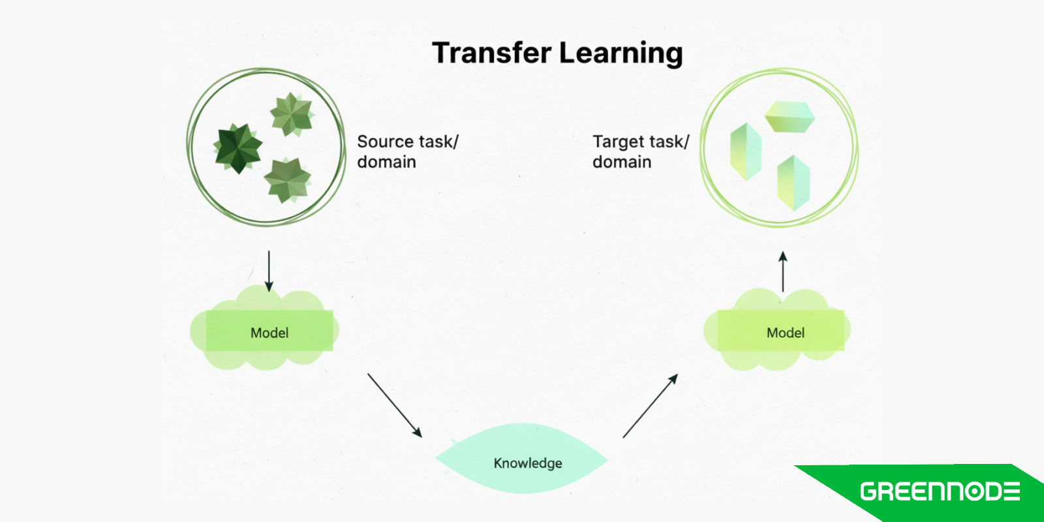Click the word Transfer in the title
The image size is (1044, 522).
(x=491, y=53)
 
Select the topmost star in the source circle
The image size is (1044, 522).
(x=291, y=114)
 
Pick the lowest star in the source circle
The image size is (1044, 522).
(x=287, y=179)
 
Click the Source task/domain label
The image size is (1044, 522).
(x=407, y=151)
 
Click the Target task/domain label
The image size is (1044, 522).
(x=640, y=151)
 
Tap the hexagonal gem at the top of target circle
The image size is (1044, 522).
(x=790, y=117)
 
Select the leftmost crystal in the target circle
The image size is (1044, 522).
(x=745, y=152)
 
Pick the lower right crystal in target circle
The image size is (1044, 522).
(x=793, y=183)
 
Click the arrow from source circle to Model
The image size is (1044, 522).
(x=269, y=271)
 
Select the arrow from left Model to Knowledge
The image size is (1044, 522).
(x=395, y=405)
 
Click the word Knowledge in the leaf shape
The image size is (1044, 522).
(x=527, y=463)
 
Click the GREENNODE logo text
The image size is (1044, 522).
(x=940, y=491)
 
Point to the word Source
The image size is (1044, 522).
(x=385, y=142)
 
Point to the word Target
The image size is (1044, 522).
(x=618, y=142)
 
